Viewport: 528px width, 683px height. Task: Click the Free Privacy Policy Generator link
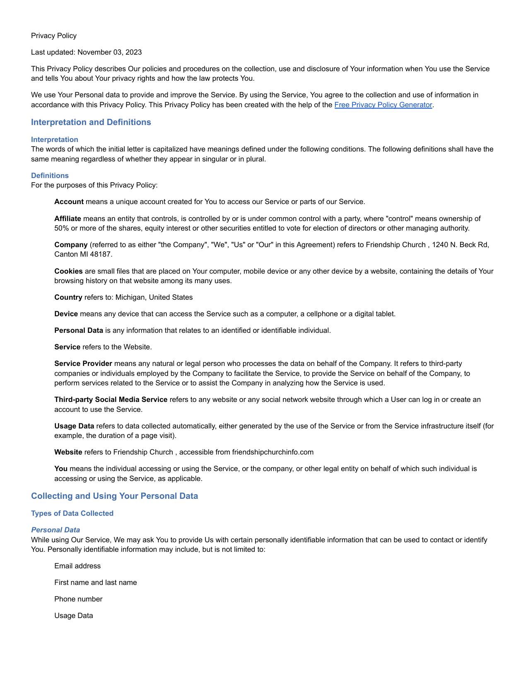[x=383, y=105]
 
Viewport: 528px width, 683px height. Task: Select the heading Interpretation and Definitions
[x=91, y=122]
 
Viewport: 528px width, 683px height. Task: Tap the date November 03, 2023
[x=109, y=52]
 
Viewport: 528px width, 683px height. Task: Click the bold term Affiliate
[x=68, y=219]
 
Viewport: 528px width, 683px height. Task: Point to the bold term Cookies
[x=68, y=271]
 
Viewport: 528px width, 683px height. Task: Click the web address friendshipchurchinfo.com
[x=272, y=452]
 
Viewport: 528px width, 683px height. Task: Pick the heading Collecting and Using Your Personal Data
[x=114, y=496]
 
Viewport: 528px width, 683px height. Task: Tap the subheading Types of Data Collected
[x=72, y=513]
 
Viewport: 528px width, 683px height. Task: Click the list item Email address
[x=77, y=566]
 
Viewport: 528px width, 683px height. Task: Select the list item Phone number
[x=78, y=599]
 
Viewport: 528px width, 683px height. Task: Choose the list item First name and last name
[x=95, y=582]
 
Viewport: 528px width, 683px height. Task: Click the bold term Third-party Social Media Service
[x=111, y=399]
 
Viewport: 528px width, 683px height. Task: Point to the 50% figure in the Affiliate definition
[x=62, y=228]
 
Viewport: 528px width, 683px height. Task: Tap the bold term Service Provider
[x=83, y=363]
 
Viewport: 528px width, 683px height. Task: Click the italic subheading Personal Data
[x=55, y=530]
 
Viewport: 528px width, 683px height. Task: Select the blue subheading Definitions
[x=50, y=176]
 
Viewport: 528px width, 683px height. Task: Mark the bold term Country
[x=68, y=297]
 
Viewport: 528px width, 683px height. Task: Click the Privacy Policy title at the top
[x=54, y=36]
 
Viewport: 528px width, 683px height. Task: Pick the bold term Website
[x=68, y=452]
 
